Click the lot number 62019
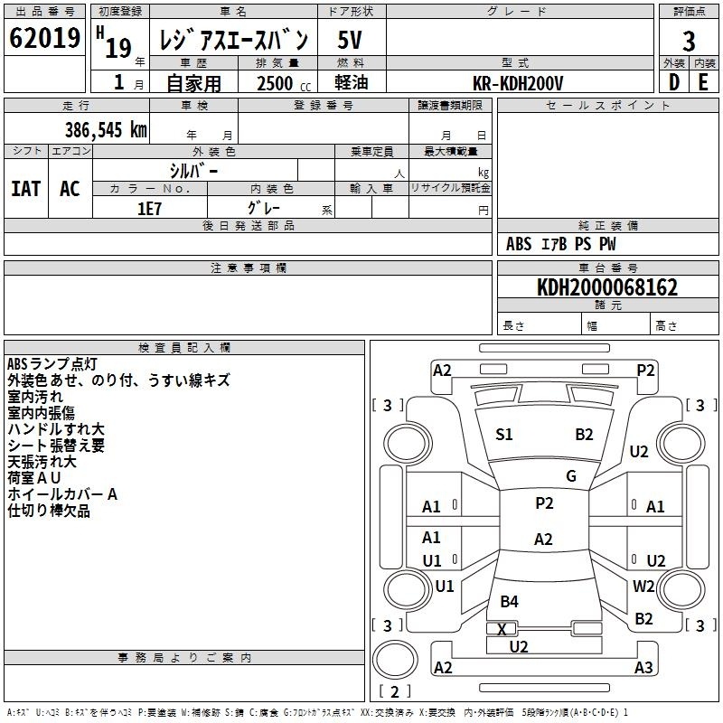pos(44,38)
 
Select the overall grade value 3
pos(689,41)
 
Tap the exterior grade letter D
pos(674,82)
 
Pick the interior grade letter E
pos(703,82)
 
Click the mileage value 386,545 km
pos(106,130)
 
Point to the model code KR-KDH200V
pos(518,83)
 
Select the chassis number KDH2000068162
pos(607,287)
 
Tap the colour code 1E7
pos(149,209)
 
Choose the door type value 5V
pos(350,40)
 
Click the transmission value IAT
pos(26,189)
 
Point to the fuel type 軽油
pos(352,82)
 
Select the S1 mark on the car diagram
pos(504,435)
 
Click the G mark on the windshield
pos(571,476)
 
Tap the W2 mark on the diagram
pos(643,586)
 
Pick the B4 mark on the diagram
pos(509,601)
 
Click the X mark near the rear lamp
pos(502,629)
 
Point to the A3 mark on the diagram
pos(643,667)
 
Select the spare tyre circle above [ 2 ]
pos(395,659)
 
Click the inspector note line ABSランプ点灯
pos(52,364)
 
